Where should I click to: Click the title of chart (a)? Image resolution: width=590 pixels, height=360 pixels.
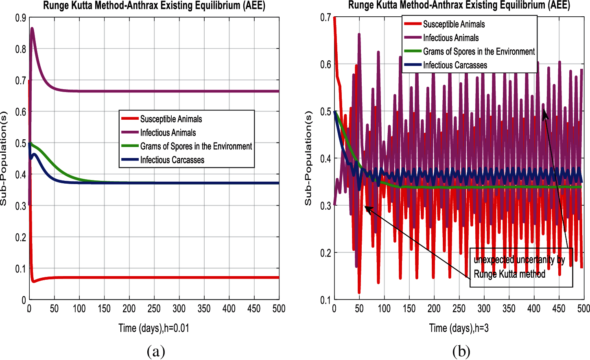(154, 6)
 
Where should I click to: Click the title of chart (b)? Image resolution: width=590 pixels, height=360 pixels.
(459, 5)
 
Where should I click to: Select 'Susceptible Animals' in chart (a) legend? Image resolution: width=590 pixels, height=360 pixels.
(171, 119)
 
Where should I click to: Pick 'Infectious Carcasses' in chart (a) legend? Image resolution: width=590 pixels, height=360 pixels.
(172, 160)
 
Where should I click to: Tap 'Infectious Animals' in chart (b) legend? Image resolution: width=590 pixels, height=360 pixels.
(451, 38)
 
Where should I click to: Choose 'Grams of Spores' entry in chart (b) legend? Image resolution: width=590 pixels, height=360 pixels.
(479, 52)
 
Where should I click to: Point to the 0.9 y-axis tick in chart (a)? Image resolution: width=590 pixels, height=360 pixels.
(21, 18)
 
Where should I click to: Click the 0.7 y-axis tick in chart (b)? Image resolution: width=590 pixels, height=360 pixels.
(326, 18)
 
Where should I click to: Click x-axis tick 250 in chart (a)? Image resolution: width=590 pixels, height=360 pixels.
(154, 309)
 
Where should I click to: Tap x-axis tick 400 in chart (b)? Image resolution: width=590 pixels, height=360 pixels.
(534, 309)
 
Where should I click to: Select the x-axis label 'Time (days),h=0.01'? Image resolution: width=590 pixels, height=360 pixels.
(154, 328)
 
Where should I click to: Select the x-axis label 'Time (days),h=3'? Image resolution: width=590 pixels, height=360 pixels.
(459, 328)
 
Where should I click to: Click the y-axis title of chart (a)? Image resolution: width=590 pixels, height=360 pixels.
(4, 159)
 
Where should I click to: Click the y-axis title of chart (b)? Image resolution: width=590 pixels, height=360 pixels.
(308, 159)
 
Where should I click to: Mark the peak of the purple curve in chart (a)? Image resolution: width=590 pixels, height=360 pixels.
(32, 29)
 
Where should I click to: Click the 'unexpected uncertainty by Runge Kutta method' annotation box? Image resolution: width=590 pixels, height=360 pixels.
(521, 267)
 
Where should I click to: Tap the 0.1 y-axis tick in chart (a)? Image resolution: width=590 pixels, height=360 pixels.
(21, 269)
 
